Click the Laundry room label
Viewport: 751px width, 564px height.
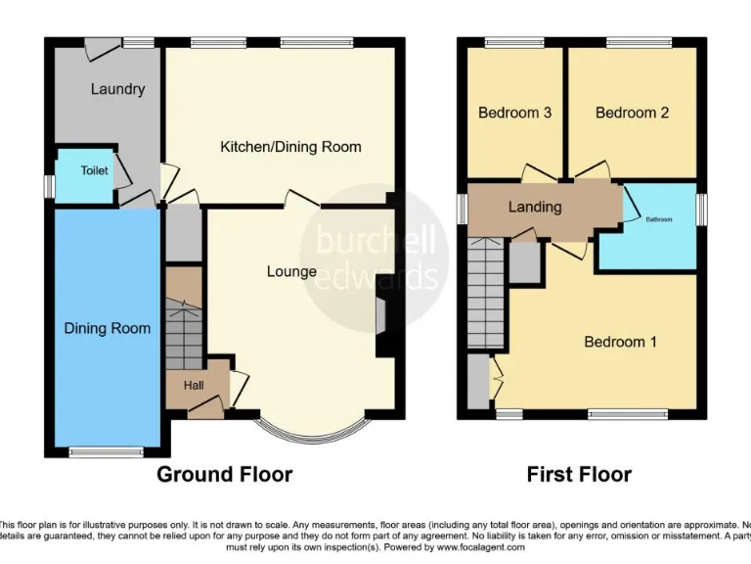click(x=117, y=89)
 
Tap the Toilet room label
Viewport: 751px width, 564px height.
click(x=94, y=170)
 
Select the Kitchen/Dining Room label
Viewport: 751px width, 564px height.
click(x=290, y=147)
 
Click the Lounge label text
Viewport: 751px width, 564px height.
click(x=291, y=271)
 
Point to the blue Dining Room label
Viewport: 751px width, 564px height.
click(x=108, y=328)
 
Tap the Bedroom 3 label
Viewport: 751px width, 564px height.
click(x=514, y=113)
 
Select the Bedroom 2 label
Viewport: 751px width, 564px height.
click(x=632, y=113)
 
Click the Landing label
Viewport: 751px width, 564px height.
click(x=535, y=207)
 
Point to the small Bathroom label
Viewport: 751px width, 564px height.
click(x=658, y=219)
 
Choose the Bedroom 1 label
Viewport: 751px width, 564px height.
click(x=620, y=342)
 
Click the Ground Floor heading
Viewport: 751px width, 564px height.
click(x=225, y=475)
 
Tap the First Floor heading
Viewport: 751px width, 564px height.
click(x=579, y=475)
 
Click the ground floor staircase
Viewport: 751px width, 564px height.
click(x=183, y=328)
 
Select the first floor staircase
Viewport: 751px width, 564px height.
click(x=486, y=294)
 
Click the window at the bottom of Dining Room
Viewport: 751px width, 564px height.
click(x=107, y=451)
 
